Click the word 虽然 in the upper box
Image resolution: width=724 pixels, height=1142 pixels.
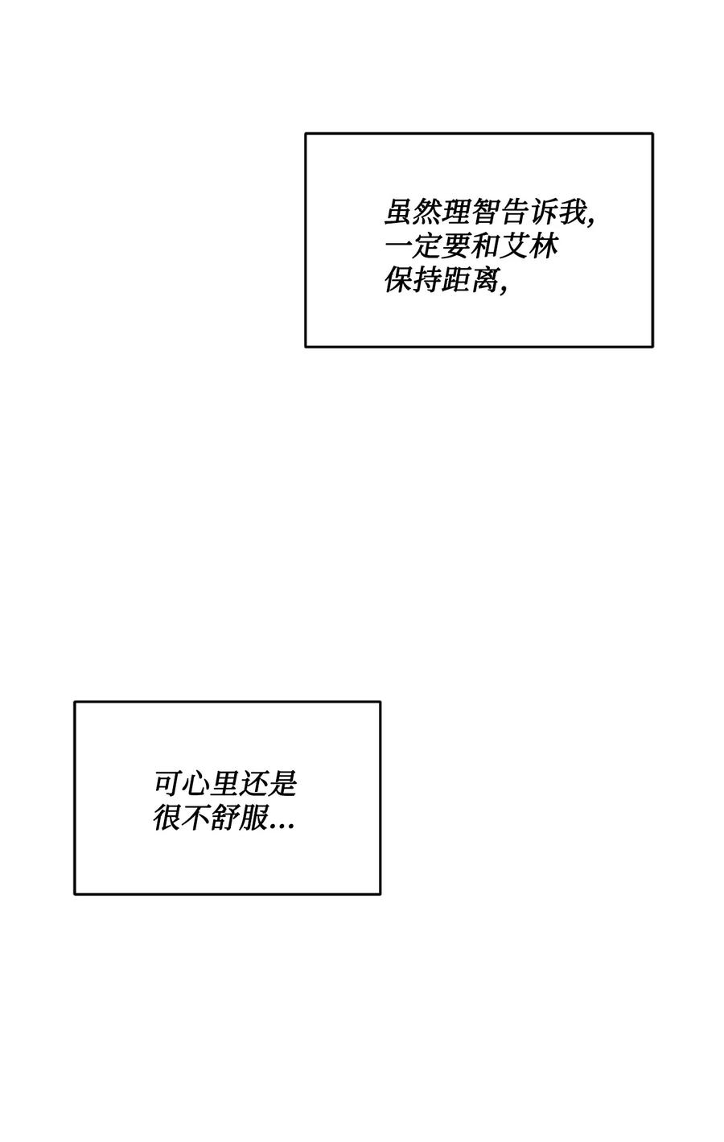coord(412,212)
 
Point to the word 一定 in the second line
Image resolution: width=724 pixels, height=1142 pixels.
coord(412,246)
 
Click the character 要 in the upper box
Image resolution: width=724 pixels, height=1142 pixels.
coord(455,246)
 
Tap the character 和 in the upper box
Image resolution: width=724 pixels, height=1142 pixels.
coord(484,246)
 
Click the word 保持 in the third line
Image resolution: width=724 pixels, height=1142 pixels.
coord(412,280)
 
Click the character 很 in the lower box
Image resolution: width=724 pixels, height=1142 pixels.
coord(167,818)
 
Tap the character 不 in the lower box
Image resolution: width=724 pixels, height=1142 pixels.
coord(196,818)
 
